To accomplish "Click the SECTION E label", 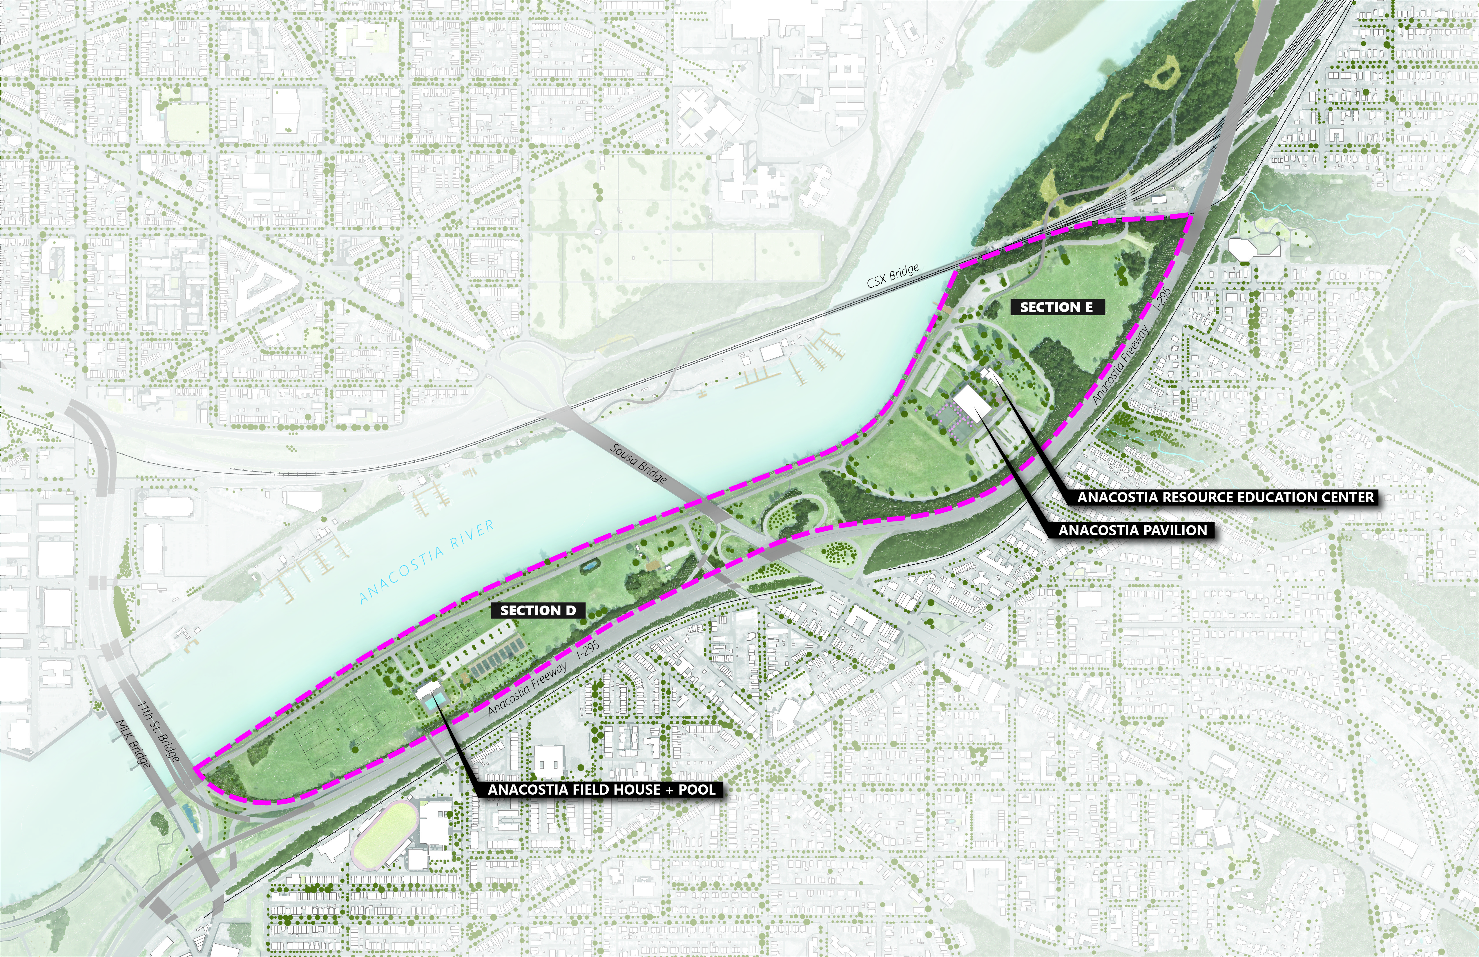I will (x=1056, y=307).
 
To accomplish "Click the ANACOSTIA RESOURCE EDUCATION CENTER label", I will (x=1226, y=497).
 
